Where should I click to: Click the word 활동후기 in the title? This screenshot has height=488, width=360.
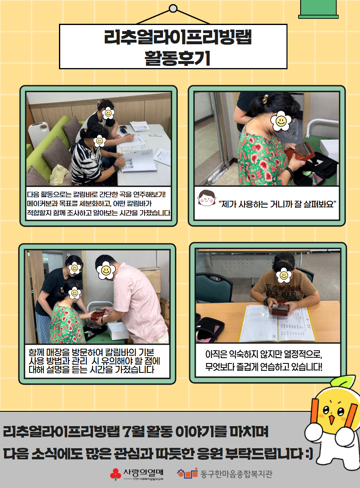point(177,58)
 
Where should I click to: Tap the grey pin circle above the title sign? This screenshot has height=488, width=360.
point(173,9)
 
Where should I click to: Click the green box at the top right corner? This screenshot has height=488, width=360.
point(318,9)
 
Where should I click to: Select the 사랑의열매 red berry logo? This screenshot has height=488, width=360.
point(115,474)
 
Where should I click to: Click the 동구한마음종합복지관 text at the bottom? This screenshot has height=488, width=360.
point(236,474)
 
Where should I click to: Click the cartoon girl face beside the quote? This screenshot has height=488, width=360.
point(206,198)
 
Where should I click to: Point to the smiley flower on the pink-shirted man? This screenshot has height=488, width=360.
point(106,270)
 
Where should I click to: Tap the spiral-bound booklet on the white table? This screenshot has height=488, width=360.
point(138,160)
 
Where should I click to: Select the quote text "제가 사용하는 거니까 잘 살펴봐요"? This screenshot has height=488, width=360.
point(278,204)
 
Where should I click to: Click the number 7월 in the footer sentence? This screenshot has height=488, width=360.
point(133,432)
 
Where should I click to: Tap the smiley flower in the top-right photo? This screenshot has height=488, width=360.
point(281,121)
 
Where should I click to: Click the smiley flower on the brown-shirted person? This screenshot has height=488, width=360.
point(284,275)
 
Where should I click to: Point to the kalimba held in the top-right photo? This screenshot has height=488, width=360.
point(299,152)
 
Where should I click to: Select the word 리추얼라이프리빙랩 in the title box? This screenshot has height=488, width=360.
point(178,37)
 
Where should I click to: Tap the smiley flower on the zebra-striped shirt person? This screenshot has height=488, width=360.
point(100,141)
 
